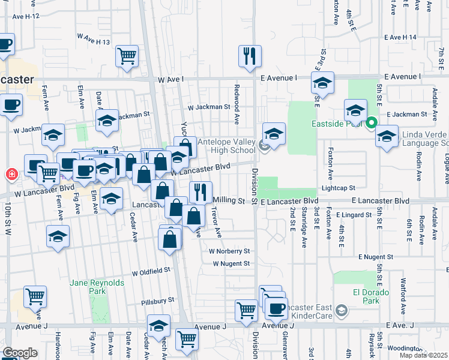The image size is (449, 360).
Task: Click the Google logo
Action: coord(20,353)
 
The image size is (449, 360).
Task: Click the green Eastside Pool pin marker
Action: coord(372,124)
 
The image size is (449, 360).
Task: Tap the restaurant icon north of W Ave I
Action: coord(249,56)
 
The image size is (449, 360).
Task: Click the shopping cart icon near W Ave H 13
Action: coord(127,57)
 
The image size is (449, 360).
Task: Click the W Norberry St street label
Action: coord(229,251)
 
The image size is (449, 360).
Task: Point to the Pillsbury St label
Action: coord(158,300)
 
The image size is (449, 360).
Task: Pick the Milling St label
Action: coord(229,200)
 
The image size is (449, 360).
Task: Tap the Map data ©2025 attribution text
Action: coord(424,355)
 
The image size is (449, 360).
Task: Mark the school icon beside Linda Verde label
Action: coord(387,136)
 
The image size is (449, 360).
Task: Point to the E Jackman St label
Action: coord(406,113)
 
